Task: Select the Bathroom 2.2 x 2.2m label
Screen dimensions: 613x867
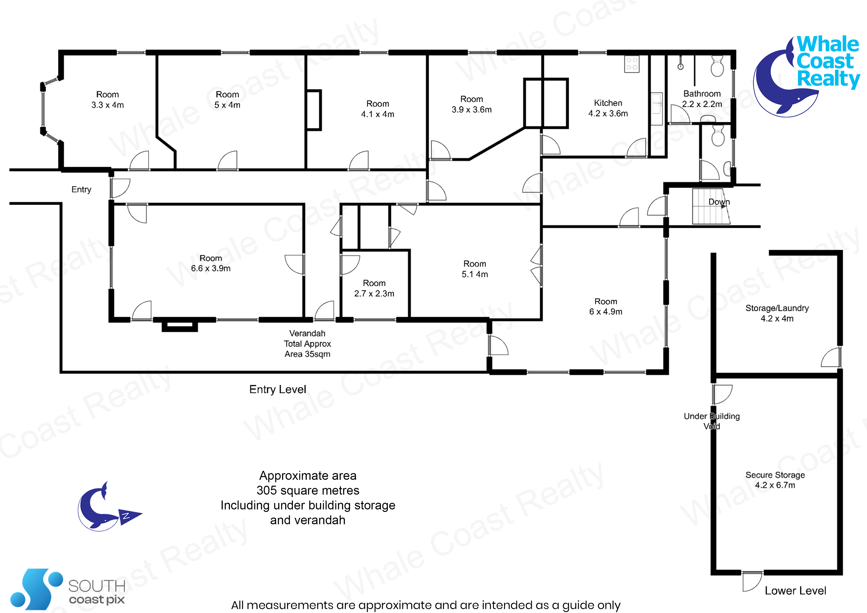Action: (x=702, y=99)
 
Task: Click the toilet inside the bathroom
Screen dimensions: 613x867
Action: (x=717, y=66)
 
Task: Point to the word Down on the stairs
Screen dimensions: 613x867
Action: (x=719, y=202)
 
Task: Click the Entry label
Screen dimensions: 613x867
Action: (x=81, y=189)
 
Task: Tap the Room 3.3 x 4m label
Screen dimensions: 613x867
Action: (x=107, y=100)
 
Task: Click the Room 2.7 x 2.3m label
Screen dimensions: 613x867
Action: (x=374, y=288)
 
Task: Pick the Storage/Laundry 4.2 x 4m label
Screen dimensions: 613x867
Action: (x=777, y=313)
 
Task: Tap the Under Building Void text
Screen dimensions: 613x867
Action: (x=712, y=421)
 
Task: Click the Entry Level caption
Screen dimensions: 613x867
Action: (x=278, y=389)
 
